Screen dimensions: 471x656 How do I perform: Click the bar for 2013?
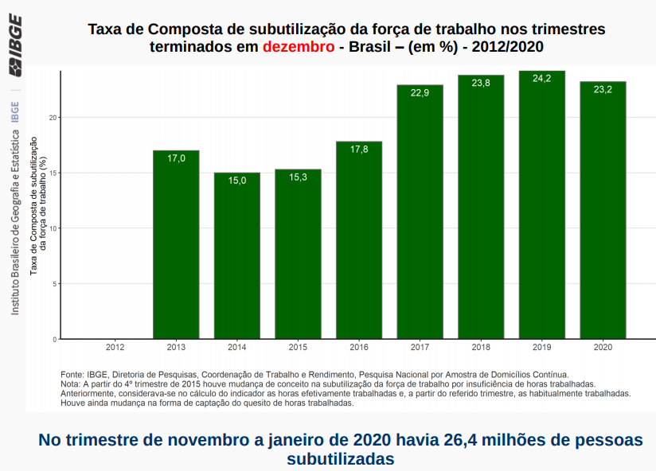[176, 244]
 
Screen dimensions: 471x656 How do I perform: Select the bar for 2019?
[541, 204]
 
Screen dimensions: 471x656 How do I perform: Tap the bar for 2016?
[358, 239]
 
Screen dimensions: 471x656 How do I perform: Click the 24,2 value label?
[541, 79]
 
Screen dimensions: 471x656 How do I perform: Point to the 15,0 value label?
[237, 181]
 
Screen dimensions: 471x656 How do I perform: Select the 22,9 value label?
[420, 93]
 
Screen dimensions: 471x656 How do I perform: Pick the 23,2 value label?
[603, 90]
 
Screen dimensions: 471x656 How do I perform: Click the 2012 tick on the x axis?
[115, 348]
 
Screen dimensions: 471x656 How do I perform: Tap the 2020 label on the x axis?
[603, 348]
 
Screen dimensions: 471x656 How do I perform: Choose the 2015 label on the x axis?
[298, 348]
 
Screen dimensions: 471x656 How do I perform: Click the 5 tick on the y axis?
[55, 283]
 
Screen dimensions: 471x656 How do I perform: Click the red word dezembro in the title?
[299, 46]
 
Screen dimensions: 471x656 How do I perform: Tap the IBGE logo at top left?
[15, 56]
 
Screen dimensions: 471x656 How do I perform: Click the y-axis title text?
[38, 205]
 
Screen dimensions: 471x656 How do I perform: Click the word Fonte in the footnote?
[72, 373]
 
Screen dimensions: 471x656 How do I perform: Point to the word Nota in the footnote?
[70, 383]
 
